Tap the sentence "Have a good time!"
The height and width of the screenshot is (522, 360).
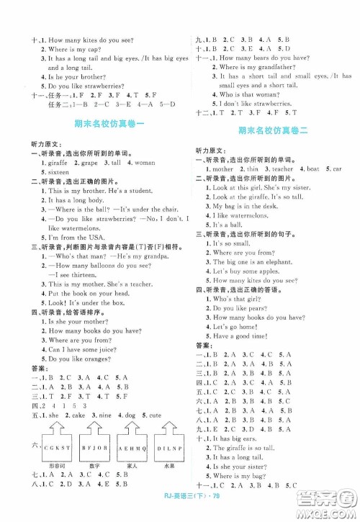235,336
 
